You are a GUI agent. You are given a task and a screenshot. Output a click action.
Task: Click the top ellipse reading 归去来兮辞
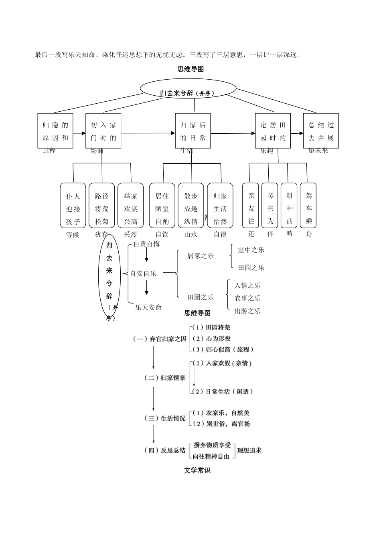point(188,88)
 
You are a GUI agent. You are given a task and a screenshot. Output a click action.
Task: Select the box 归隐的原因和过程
point(55,131)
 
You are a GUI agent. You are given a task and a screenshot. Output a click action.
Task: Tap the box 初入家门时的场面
point(103,131)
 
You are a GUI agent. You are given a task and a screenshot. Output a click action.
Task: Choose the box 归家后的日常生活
point(193,131)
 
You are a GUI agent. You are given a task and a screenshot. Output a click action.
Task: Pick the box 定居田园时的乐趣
point(273,131)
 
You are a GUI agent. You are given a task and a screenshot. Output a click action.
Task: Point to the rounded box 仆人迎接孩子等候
point(73,205)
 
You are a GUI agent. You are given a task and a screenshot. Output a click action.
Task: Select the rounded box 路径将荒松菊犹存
point(102,205)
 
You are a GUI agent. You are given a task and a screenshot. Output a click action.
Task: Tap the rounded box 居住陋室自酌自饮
point(162,205)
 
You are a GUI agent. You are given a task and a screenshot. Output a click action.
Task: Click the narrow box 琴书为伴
point(270,205)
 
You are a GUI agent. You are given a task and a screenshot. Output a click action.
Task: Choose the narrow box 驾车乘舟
point(308,205)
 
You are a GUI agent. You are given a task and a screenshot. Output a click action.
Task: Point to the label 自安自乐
point(143,274)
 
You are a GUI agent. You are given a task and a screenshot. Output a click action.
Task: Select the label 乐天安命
point(148,307)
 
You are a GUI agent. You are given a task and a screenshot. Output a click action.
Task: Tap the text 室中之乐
point(251,250)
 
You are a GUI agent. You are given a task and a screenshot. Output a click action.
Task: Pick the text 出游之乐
point(247,311)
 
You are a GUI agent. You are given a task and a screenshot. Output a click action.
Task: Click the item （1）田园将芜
point(211,327)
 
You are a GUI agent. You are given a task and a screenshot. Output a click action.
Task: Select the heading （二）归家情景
point(165,377)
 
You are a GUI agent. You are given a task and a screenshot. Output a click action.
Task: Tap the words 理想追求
point(249,450)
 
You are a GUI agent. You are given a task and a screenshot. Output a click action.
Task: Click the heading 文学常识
point(197,470)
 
